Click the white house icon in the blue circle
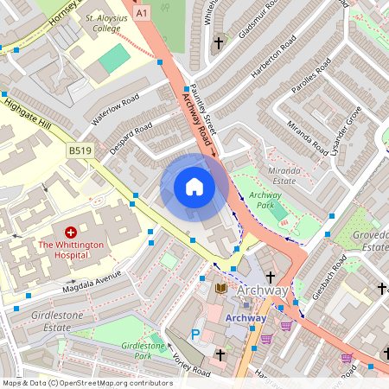pyautogui.click(x=194, y=187)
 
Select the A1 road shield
pyautogui.click(x=142, y=13)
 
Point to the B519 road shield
pyautogui.click(x=80, y=150)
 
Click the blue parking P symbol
pyautogui.click(x=195, y=334)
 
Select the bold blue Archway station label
pyautogui.click(x=246, y=317)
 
